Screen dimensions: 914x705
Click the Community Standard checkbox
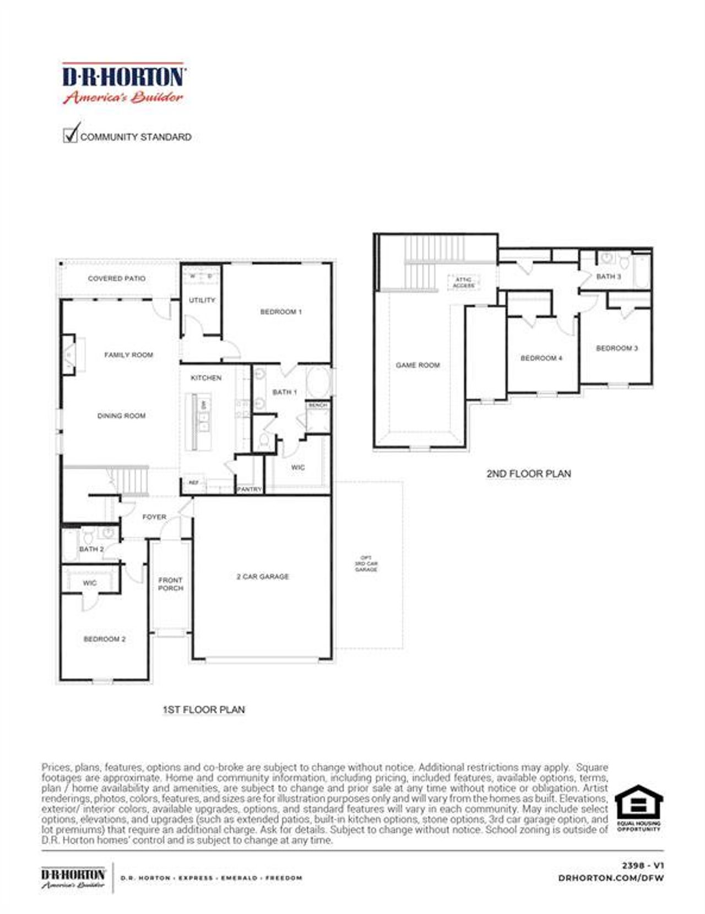pyautogui.click(x=70, y=135)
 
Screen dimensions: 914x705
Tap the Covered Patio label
pyautogui.click(x=117, y=278)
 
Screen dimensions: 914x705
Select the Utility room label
pyautogui.click(x=202, y=300)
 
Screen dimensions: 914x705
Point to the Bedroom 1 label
pyautogui.click(x=281, y=311)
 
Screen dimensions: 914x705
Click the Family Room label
pyautogui.click(x=129, y=355)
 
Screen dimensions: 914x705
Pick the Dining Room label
pyautogui.click(x=122, y=416)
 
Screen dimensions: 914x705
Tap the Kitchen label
pyautogui.click(x=206, y=378)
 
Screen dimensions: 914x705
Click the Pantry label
pyautogui.click(x=250, y=489)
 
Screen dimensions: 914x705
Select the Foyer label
pyautogui.click(x=154, y=517)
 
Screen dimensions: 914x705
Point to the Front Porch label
pyautogui.click(x=170, y=584)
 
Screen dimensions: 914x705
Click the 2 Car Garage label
pyautogui.click(x=263, y=577)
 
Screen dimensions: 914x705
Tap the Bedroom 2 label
pyautogui.click(x=105, y=639)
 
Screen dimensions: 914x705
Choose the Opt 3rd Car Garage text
pyautogui.click(x=366, y=563)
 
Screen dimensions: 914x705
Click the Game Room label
pyautogui.click(x=418, y=365)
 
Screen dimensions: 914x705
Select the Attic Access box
pyautogui.click(x=464, y=283)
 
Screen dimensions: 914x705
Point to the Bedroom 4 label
pyautogui.click(x=541, y=358)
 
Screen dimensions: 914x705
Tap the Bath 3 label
pyautogui.click(x=609, y=276)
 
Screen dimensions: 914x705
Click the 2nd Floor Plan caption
pyautogui.click(x=529, y=474)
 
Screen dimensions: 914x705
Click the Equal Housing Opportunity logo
pyautogui.click(x=638, y=807)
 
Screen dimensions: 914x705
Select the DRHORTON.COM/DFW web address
pyautogui.click(x=611, y=878)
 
